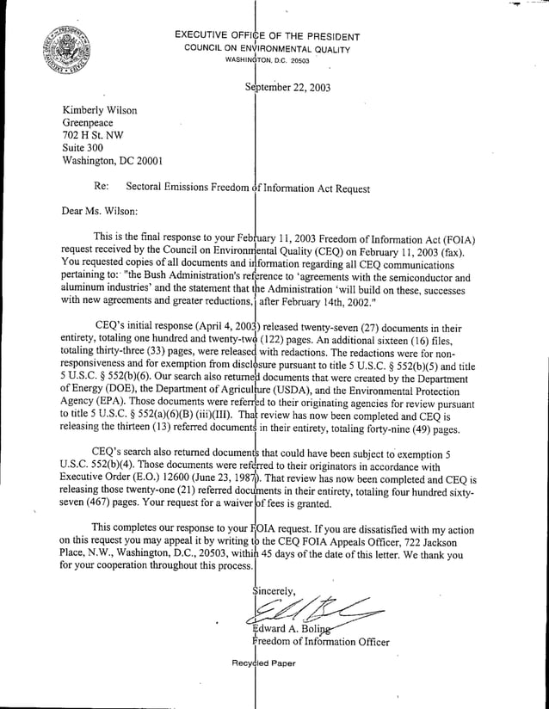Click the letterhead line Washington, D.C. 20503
pos(267,61)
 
